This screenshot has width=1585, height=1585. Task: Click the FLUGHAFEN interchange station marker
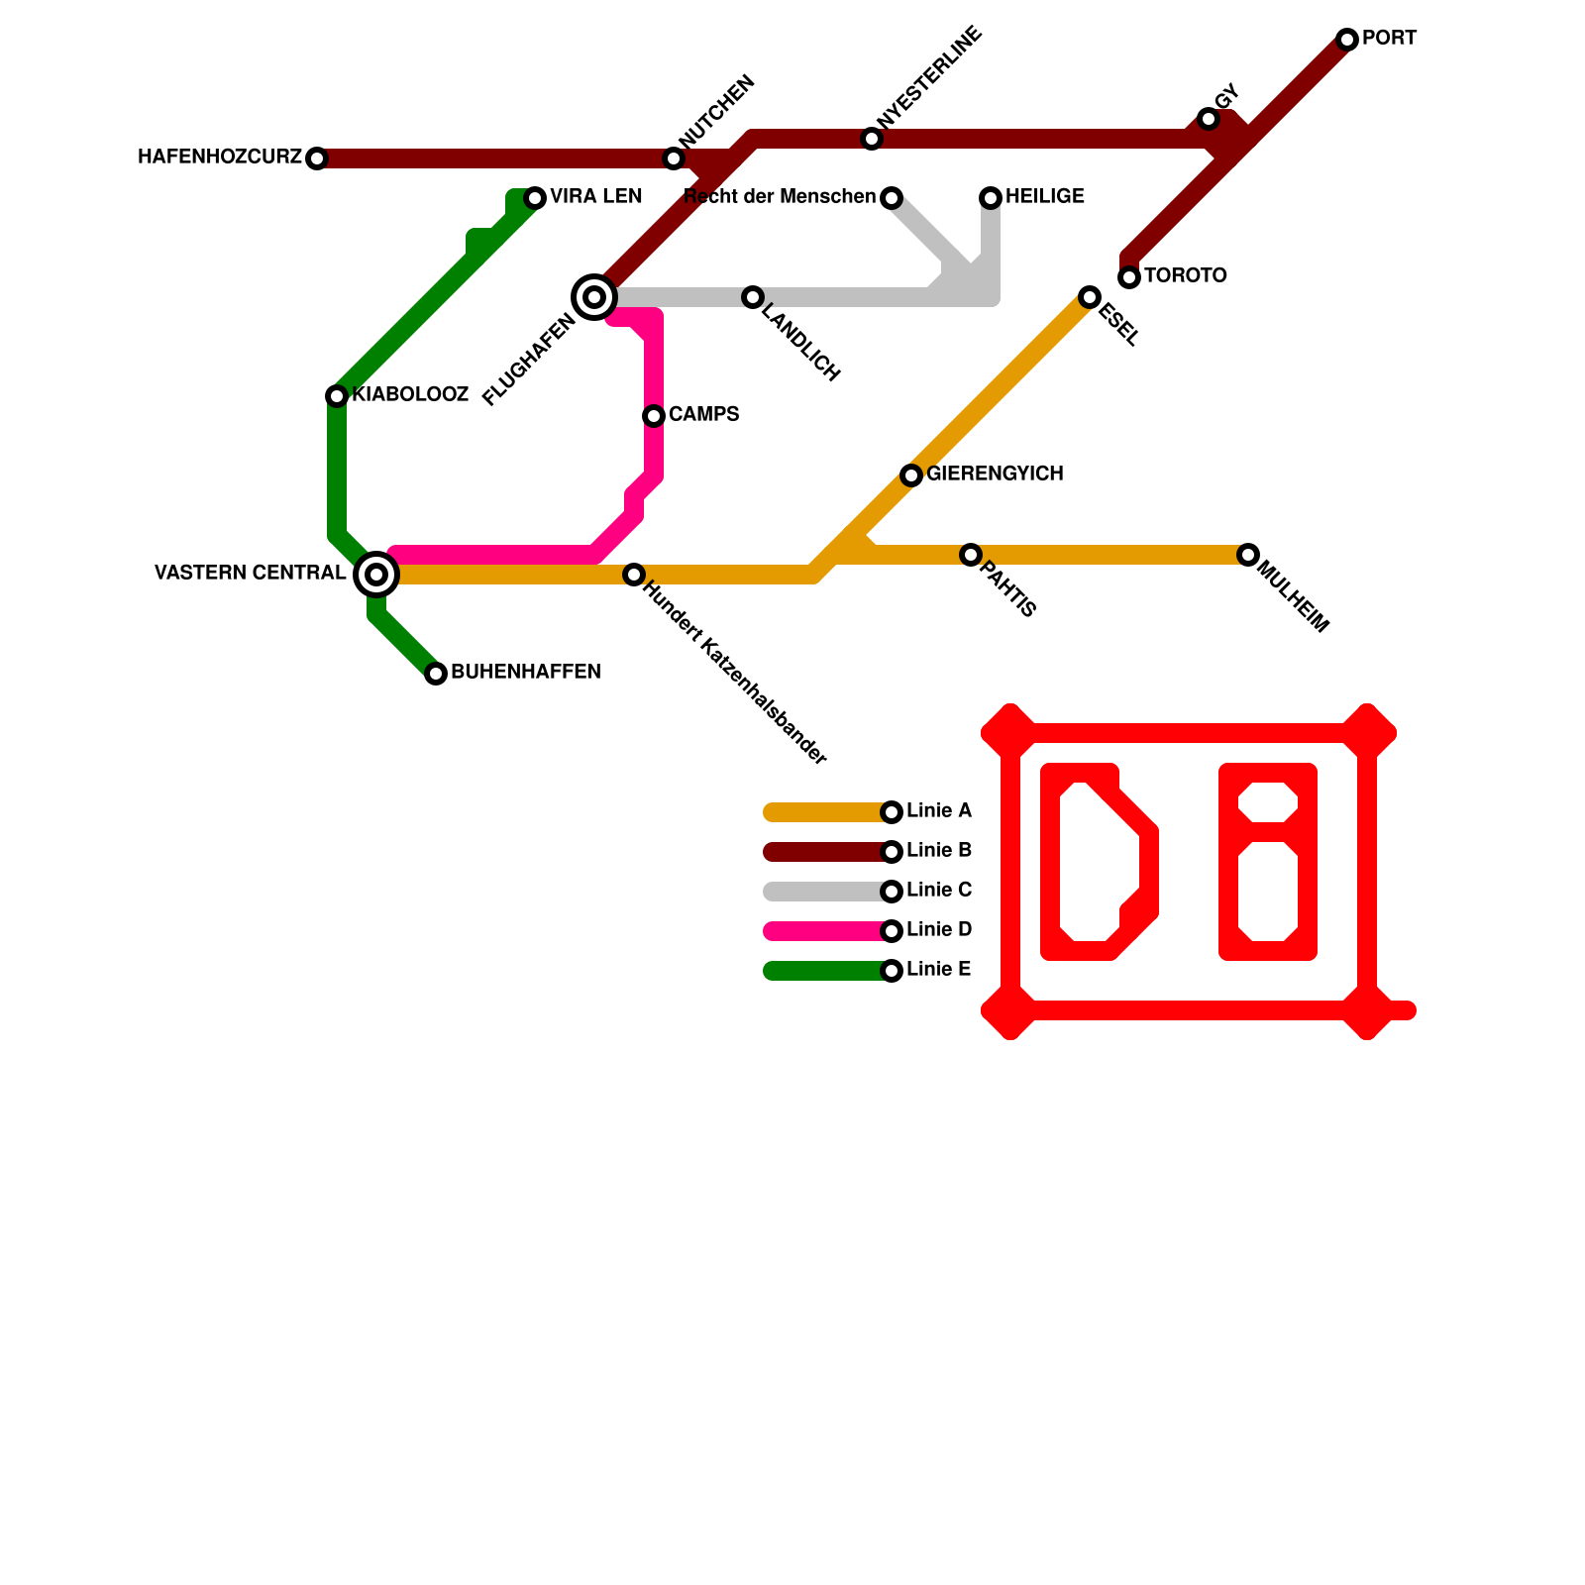tap(594, 296)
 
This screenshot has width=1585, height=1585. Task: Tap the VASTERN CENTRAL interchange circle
tap(376, 575)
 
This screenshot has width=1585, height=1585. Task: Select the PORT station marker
tap(1347, 40)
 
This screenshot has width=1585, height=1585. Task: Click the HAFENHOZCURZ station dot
tap(317, 158)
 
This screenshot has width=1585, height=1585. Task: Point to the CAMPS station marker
tap(654, 416)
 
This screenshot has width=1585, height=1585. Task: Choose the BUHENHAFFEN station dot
tap(436, 674)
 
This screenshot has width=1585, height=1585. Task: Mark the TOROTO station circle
tap(1129, 277)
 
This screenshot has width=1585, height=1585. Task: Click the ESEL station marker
tap(1090, 297)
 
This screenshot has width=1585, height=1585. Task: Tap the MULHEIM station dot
tap(1248, 555)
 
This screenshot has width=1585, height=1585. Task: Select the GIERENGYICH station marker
tap(911, 475)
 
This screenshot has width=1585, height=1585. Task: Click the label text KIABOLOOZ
tap(410, 395)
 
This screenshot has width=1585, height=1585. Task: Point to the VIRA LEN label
tap(596, 197)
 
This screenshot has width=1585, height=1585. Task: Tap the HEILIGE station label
tap(1045, 197)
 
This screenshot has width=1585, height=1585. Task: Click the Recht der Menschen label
tap(781, 197)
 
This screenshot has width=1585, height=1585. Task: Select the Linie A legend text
tap(939, 811)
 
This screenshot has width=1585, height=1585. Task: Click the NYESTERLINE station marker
tap(872, 139)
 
